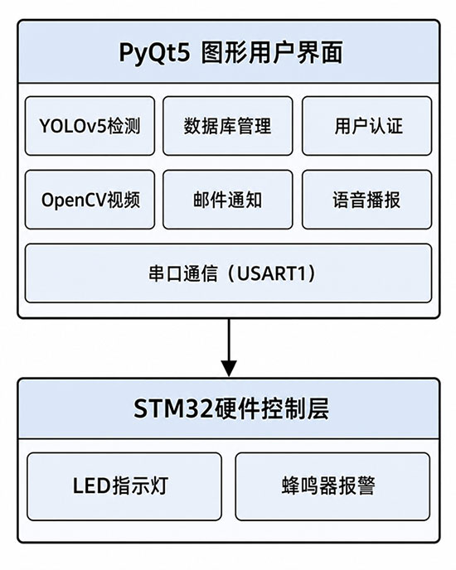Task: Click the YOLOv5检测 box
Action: pos(90,126)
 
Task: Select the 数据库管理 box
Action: pos(228,126)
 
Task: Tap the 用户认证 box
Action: pos(366,126)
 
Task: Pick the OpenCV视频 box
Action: pos(90,200)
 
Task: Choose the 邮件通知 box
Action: pos(228,200)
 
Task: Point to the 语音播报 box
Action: pos(366,200)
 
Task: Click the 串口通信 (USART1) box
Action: pos(229,273)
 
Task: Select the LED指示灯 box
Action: pos(124,486)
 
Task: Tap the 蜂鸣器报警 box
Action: pos(332,486)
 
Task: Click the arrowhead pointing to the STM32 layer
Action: pos(229,369)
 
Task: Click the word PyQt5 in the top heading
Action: pos(155,53)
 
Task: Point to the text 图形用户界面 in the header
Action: pos(272,53)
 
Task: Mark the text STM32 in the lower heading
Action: pos(173,408)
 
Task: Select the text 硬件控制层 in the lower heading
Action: pos(271,408)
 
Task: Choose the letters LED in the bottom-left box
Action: pos(92,486)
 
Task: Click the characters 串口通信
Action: pos(182,273)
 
